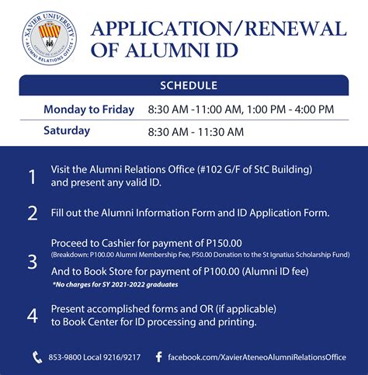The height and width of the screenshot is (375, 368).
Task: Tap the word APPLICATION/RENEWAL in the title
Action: (218, 29)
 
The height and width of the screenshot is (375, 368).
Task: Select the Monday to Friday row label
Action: (89, 109)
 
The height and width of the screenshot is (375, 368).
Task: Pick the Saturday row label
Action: (67, 130)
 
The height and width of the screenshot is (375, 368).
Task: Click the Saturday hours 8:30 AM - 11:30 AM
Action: (196, 131)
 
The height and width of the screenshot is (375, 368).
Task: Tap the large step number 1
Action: (32, 177)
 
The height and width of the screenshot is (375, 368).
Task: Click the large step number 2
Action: (32, 213)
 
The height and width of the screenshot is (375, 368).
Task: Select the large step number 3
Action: (32, 262)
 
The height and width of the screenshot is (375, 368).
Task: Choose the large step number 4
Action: (32, 315)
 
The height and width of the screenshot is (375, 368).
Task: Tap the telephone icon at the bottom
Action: (37, 357)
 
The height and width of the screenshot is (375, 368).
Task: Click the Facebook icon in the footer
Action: (158, 357)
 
